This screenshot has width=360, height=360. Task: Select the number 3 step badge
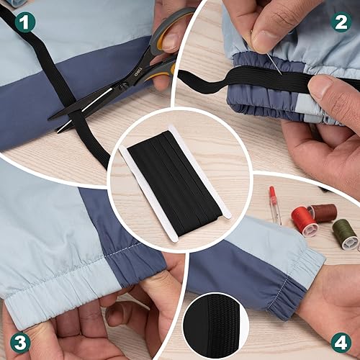(19, 340)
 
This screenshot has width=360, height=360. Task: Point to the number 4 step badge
(341, 340)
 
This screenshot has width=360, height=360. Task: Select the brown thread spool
(324, 213)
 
